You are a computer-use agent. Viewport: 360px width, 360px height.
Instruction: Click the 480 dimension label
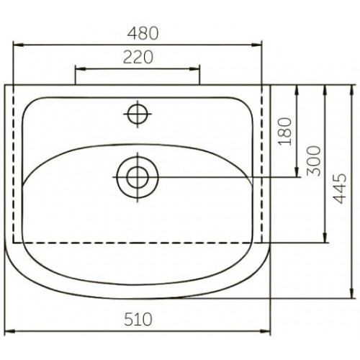[x=143, y=33]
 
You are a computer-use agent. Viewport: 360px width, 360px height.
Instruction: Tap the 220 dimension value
[x=138, y=58]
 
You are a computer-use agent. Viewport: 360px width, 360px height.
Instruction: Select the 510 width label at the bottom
[x=138, y=319]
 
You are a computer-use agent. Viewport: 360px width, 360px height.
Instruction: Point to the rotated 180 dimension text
[x=285, y=132]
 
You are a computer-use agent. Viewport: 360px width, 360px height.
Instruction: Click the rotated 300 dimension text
[x=314, y=161]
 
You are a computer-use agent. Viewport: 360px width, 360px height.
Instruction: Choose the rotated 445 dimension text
[x=341, y=189]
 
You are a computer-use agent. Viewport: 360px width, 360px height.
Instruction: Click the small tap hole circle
[x=138, y=114]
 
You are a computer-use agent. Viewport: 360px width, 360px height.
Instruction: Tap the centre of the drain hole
[x=138, y=177]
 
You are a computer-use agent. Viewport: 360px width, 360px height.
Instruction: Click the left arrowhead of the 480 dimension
[x=18, y=45]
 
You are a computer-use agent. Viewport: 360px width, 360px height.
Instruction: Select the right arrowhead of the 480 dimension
[x=257, y=45]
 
